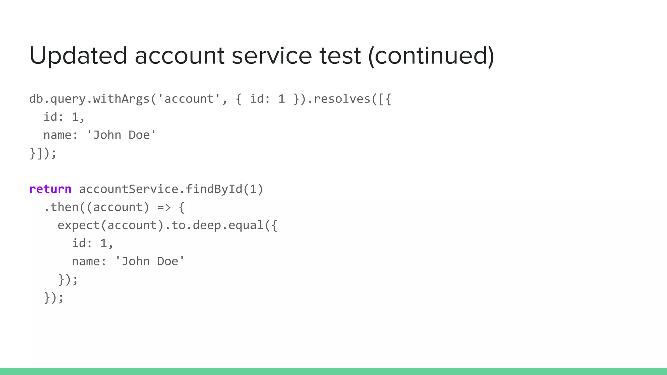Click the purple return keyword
click(50, 189)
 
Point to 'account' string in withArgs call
click(189, 99)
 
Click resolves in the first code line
click(342, 99)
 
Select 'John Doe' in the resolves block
click(121, 135)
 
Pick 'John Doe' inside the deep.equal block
click(150, 261)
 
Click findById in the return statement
click(214, 189)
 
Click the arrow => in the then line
click(164, 207)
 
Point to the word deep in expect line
click(207, 225)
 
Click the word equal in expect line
click(246, 225)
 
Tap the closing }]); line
click(43, 153)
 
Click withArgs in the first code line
click(121, 99)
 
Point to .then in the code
click(61, 207)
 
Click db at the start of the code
click(36, 99)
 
